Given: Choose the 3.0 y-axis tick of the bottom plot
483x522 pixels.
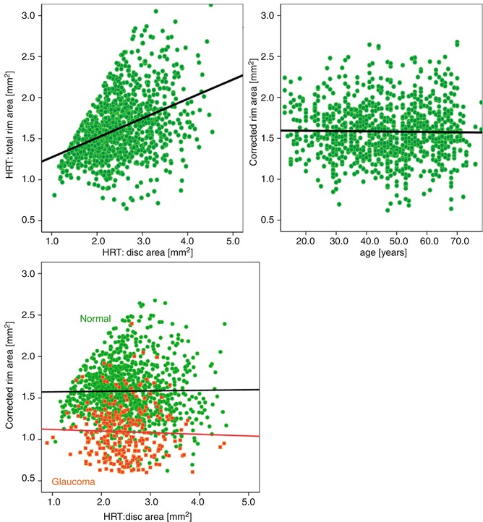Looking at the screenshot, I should pos(29,274).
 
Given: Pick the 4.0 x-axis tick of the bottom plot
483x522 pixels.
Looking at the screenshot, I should pos(200,501).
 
